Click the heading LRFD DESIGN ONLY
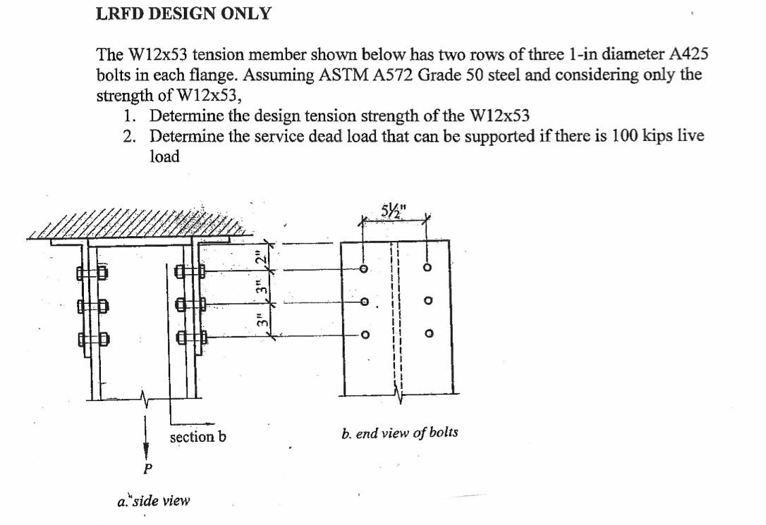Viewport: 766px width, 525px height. (x=183, y=13)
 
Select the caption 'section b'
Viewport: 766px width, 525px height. (x=198, y=437)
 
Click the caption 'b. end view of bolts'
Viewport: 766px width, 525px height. (x=399, y=433)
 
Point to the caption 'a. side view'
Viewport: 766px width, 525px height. (x=153, y=501)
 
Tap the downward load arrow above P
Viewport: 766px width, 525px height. (x=146, y=433)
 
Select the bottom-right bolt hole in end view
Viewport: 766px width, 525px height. (x=427, y=334)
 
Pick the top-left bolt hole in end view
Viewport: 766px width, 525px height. (x=363, y=269)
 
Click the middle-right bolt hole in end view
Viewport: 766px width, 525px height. (x=427, y=302)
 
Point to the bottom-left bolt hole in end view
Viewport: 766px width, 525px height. (x=363, y=335)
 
